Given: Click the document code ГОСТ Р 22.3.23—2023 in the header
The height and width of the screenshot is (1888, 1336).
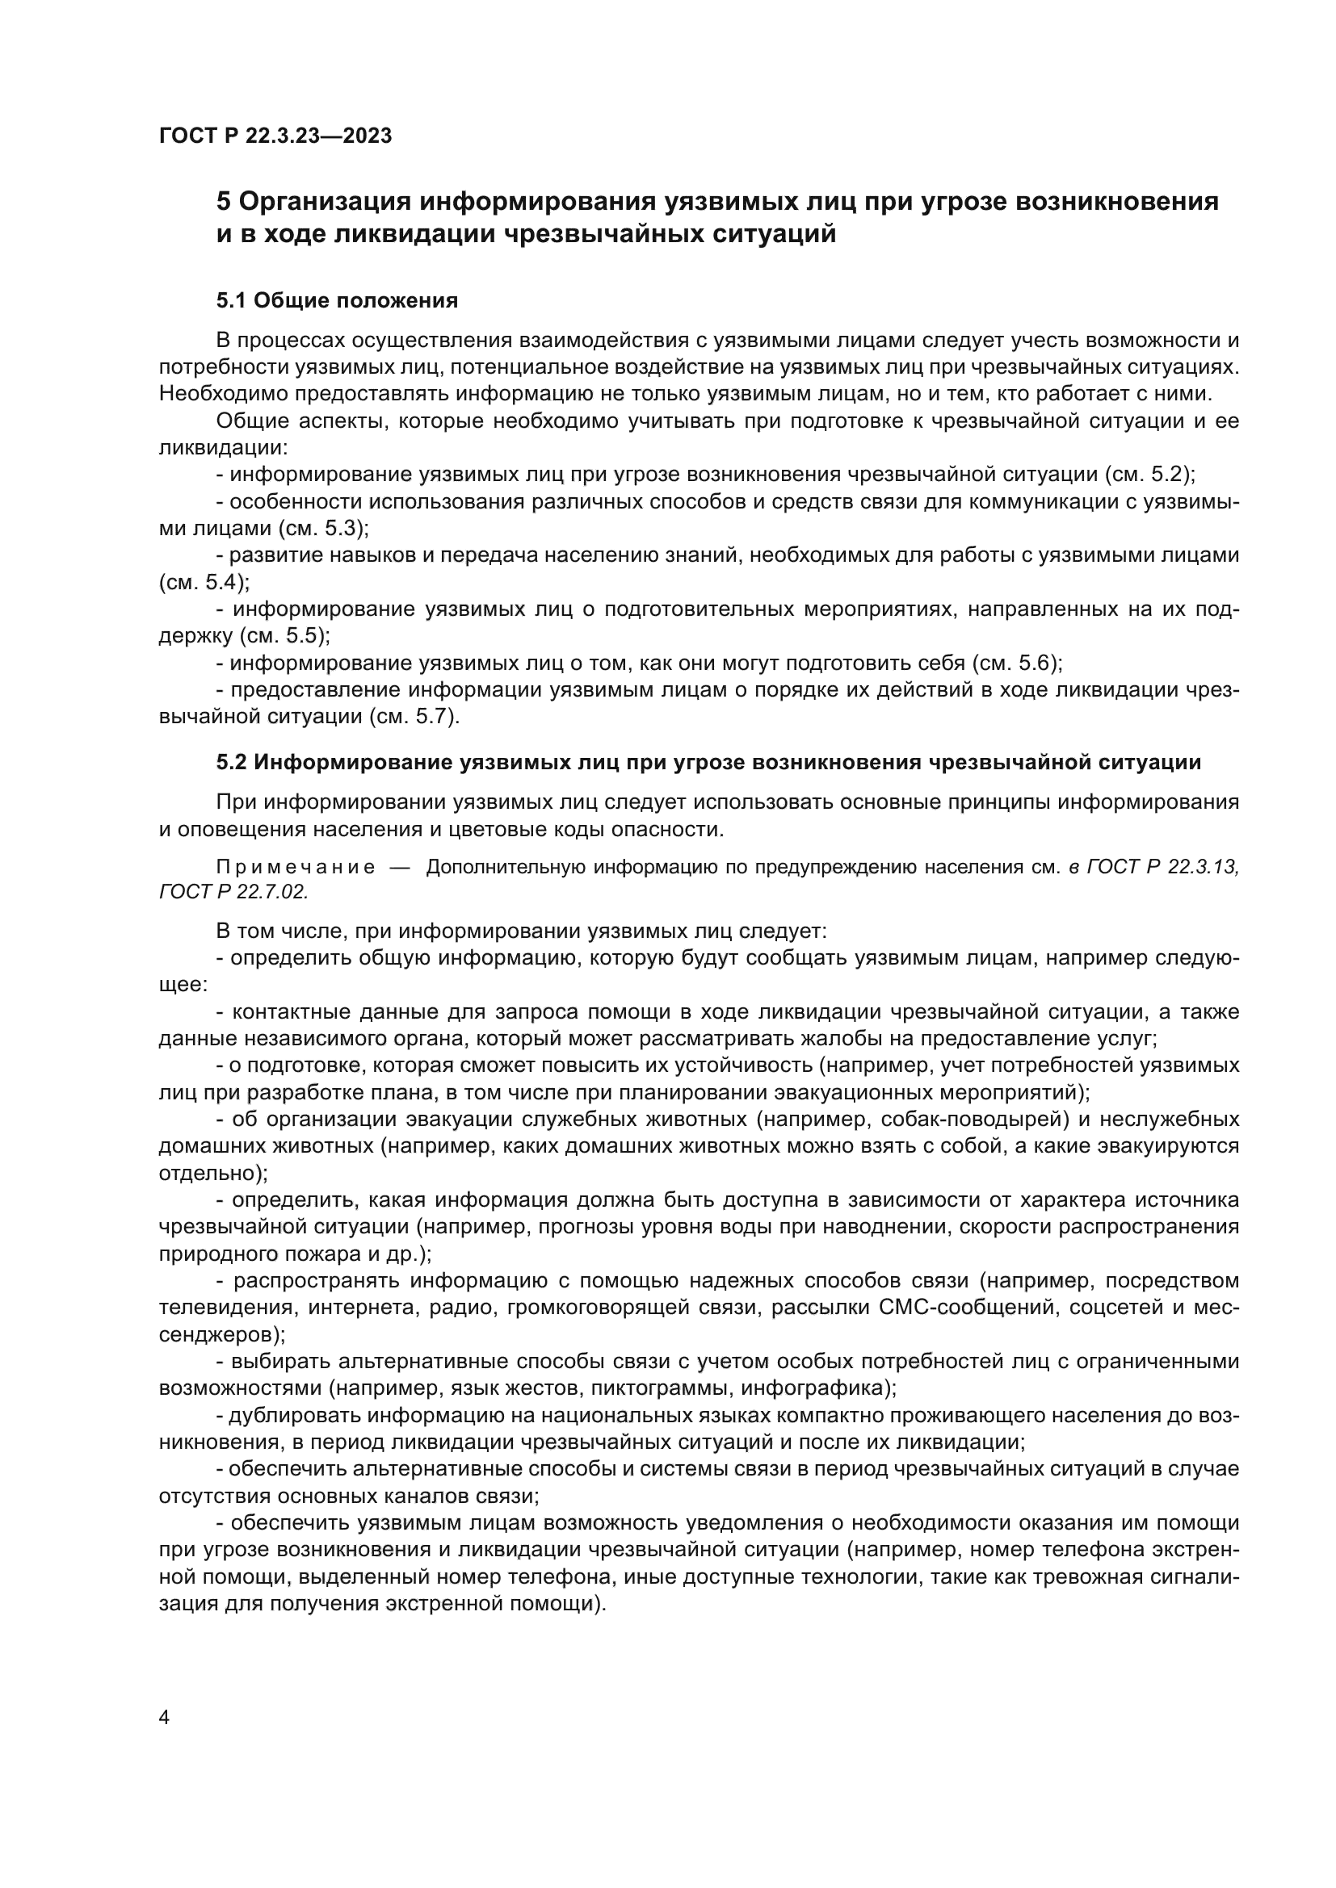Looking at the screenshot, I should (275, 136).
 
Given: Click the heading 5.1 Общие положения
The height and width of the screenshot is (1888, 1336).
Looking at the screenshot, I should (337, 301).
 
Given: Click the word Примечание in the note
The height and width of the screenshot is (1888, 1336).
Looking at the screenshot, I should (296, 867).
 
